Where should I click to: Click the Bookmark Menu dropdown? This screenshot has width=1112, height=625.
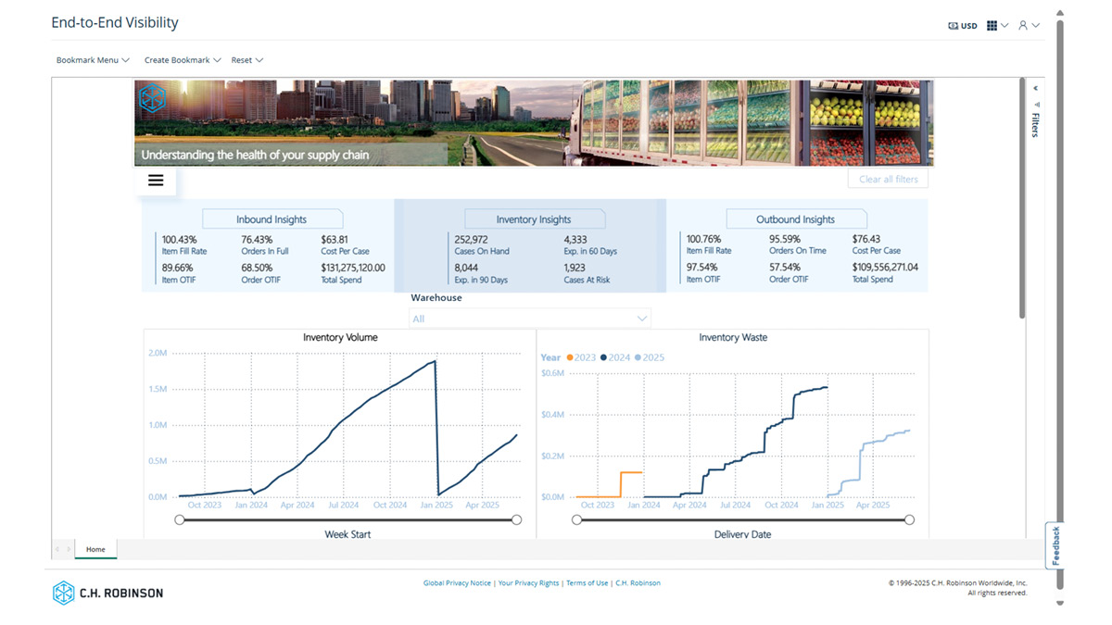[x=92, y=60]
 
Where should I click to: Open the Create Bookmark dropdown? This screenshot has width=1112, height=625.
[x=182, y=60]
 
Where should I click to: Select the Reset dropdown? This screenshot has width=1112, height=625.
[x=246, y=60]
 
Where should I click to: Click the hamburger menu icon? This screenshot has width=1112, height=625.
[x=156, y=181]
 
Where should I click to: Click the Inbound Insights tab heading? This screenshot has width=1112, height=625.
[x=272, y=219]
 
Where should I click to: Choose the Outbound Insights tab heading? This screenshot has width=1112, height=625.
[x=795, y=219]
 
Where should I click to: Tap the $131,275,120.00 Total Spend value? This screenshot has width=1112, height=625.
[x=353, y=269]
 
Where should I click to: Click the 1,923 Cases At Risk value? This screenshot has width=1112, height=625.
[x=575, y=269]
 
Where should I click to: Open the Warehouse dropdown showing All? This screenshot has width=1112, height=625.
[x=530, y=319]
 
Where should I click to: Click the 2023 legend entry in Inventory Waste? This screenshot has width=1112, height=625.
[x=580, y=357]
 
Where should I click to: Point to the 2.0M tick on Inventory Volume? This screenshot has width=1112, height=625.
[x=158, y=354]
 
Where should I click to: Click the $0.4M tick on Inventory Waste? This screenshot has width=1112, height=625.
[x=552, y=415]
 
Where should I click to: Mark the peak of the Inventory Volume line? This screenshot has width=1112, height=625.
[x=435, y=361]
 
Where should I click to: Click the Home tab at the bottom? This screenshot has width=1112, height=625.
[x=95, y=549]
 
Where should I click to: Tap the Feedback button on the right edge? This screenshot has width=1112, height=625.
[x=1055, y=545]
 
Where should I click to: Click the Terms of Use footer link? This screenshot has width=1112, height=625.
[x=587, y=583]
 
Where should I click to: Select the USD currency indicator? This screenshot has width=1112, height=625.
[x=963, y=26]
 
